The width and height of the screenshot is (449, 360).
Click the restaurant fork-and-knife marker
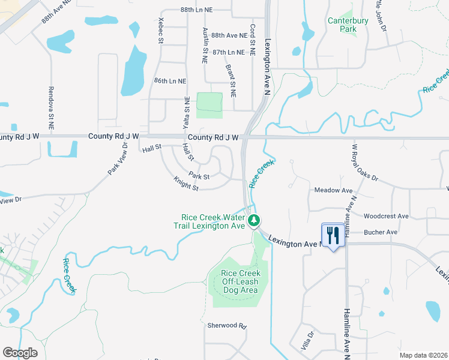333,235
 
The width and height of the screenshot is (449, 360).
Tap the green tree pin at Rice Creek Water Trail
254,221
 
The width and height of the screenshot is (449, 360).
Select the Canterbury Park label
342,25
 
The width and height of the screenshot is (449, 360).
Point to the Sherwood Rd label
228,326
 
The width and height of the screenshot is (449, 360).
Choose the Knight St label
186,184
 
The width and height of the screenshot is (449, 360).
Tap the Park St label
199,176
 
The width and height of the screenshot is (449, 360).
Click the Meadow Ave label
333,190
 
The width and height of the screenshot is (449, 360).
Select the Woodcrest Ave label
386,216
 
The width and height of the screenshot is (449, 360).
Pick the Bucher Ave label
381,232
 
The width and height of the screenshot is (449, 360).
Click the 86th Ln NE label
170,80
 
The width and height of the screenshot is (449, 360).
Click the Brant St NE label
232,83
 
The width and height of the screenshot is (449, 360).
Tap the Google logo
20,353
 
